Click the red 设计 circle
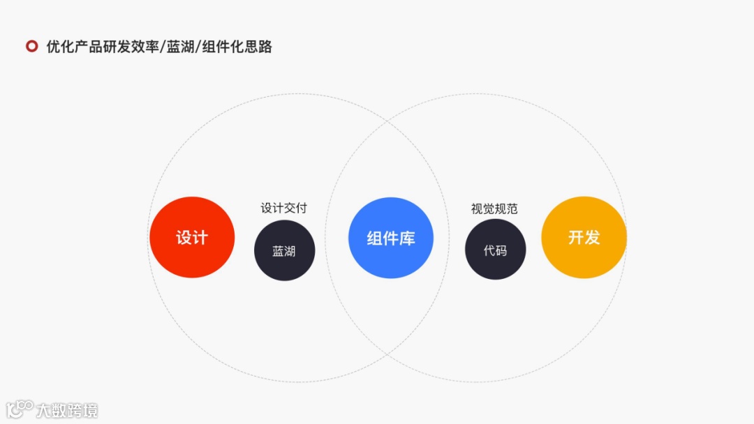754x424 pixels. pyautogui.click(x=191, y=237)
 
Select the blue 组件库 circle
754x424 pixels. pyautogui.click(x=391, y=238)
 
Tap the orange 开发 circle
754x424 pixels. pyautogui.click(x=584, y=237)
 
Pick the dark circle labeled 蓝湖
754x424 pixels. pyautogui.click(x=284, y=251)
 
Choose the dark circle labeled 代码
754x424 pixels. pyautogui.click(x=495, y=250)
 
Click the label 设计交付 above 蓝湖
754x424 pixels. pyautogui.click(x=283, y=208)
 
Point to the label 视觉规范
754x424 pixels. pyautogui.click(x=494, y=209)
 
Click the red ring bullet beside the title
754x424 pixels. pyautogui.click(x=31, y=47)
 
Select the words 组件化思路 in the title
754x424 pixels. pyautogui.click(x=237, y=47)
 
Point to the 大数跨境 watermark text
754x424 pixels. pyautogui.click(x=67, y=410)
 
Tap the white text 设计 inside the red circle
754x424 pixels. pyautogui.click(x=191, y=237)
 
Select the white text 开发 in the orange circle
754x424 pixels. pyautogui.click(x=584, y=237)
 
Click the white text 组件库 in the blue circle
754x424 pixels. pyautogui.click(x=391, y=238)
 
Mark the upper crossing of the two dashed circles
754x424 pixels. pyautogui.click(x=387, y=122)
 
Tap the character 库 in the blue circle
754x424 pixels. pyautogui.click(x=407, y=238)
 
